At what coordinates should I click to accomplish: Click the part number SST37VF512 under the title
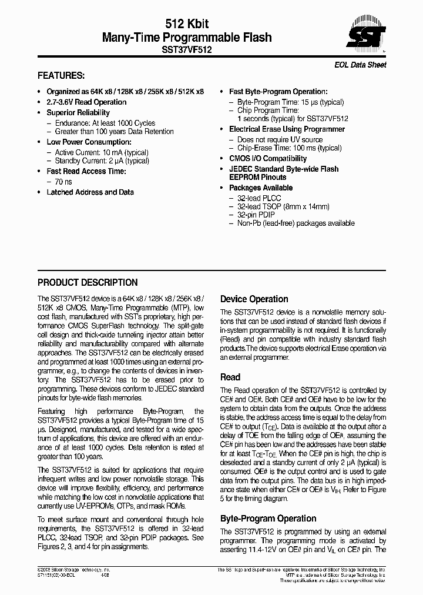tap(187, 51)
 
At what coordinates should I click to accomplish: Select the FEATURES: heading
tap(61, 76)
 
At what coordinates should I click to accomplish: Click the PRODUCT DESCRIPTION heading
tap(88, 282)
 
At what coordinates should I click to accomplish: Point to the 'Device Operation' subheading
tap(254, 299)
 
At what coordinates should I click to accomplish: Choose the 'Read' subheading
tap(230, 377)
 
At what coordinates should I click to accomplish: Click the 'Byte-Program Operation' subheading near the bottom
tap(268, 518)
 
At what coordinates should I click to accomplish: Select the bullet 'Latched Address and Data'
tap(90, 192)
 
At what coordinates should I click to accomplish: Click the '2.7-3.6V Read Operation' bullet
tap(86, 102)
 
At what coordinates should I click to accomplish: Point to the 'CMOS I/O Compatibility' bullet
tap(267, 158)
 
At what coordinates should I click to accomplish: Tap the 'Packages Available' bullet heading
tap(260, 188)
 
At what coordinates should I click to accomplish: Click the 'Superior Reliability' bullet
tap(78, 112)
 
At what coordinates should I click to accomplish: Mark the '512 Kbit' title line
tap(187, 24)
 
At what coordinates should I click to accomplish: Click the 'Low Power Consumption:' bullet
tap(89, 142)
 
